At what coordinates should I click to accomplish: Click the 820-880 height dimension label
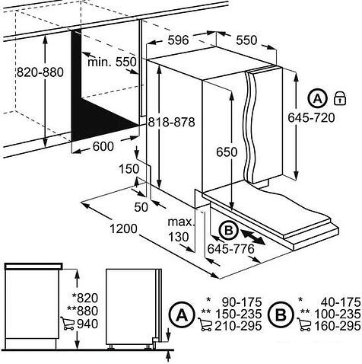tap(40, 72)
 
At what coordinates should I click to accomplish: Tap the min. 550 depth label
tap(112, 62)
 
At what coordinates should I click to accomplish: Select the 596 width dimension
tap(179, 40)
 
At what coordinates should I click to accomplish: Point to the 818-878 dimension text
tap(171, 122)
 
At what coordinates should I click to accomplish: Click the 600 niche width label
tap(103, 146)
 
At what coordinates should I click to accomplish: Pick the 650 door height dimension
tap(227, 152)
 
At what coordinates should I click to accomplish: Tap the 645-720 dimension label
tap(311, 118)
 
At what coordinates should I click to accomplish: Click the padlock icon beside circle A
tap(340, 98)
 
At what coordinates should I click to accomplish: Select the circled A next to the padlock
tap(318, 98)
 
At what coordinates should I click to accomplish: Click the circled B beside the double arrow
tap(229, 231)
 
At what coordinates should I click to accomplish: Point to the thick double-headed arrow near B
tap(252, 237)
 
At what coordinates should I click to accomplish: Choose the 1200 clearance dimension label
tap(123, 229)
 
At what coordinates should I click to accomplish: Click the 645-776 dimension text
tap(230, 249)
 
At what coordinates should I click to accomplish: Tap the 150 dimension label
tap(129, 169)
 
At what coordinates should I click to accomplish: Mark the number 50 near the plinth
tap(141, 207)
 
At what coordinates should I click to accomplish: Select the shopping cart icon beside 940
tap(68, 324)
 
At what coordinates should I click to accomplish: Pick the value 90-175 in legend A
tap(242, 302)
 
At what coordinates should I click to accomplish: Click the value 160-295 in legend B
tap(338, 326)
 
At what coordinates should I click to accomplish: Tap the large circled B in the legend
tap(281, 315)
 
